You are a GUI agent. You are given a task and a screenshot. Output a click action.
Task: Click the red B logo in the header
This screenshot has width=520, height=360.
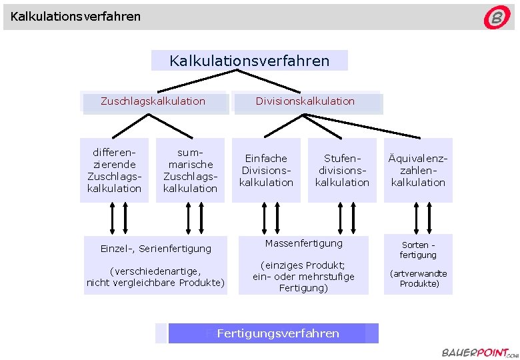point(497,18)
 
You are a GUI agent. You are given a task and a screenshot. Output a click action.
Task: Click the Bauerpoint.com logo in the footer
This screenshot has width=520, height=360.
point(475,352)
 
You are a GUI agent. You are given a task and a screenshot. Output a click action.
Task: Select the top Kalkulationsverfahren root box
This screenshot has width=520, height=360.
point(249,61)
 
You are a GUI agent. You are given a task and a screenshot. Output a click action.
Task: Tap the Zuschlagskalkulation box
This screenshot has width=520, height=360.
point(153,101)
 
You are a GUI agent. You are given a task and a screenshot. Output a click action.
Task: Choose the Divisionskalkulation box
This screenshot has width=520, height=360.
point(305,101)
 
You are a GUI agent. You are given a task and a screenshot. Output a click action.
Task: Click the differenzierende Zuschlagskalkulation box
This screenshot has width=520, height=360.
point(115,170)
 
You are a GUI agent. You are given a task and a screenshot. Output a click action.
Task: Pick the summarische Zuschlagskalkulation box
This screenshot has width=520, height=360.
point(191,170)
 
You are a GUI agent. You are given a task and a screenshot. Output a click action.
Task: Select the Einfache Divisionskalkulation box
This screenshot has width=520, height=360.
point(266,170)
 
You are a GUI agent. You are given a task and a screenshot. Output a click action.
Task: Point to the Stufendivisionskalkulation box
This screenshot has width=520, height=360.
point(342,170)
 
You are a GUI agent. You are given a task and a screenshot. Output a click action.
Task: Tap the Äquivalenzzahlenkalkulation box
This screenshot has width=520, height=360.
point(418,170)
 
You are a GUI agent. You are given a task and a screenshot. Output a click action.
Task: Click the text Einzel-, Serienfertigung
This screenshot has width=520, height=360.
point(155,249)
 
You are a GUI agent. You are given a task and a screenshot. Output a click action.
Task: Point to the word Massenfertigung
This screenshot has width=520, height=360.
point(303,243)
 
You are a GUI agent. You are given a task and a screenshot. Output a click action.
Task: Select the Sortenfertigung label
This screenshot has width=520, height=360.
point(418,249)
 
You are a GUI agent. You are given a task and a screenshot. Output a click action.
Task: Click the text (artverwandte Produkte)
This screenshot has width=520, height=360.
point(418,279)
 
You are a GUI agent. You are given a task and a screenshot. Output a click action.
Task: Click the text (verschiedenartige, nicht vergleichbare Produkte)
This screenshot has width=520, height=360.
point(155,277)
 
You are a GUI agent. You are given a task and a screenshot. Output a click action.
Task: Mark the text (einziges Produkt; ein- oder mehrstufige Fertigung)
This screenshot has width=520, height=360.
point(303,277)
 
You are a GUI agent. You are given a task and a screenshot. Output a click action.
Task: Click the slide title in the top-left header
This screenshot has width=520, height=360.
point(75,15)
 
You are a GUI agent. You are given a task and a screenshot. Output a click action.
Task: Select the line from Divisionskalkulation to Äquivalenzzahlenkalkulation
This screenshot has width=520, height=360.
point(360,126)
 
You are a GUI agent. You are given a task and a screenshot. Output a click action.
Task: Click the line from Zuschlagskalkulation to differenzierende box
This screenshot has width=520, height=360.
point(130,126)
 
